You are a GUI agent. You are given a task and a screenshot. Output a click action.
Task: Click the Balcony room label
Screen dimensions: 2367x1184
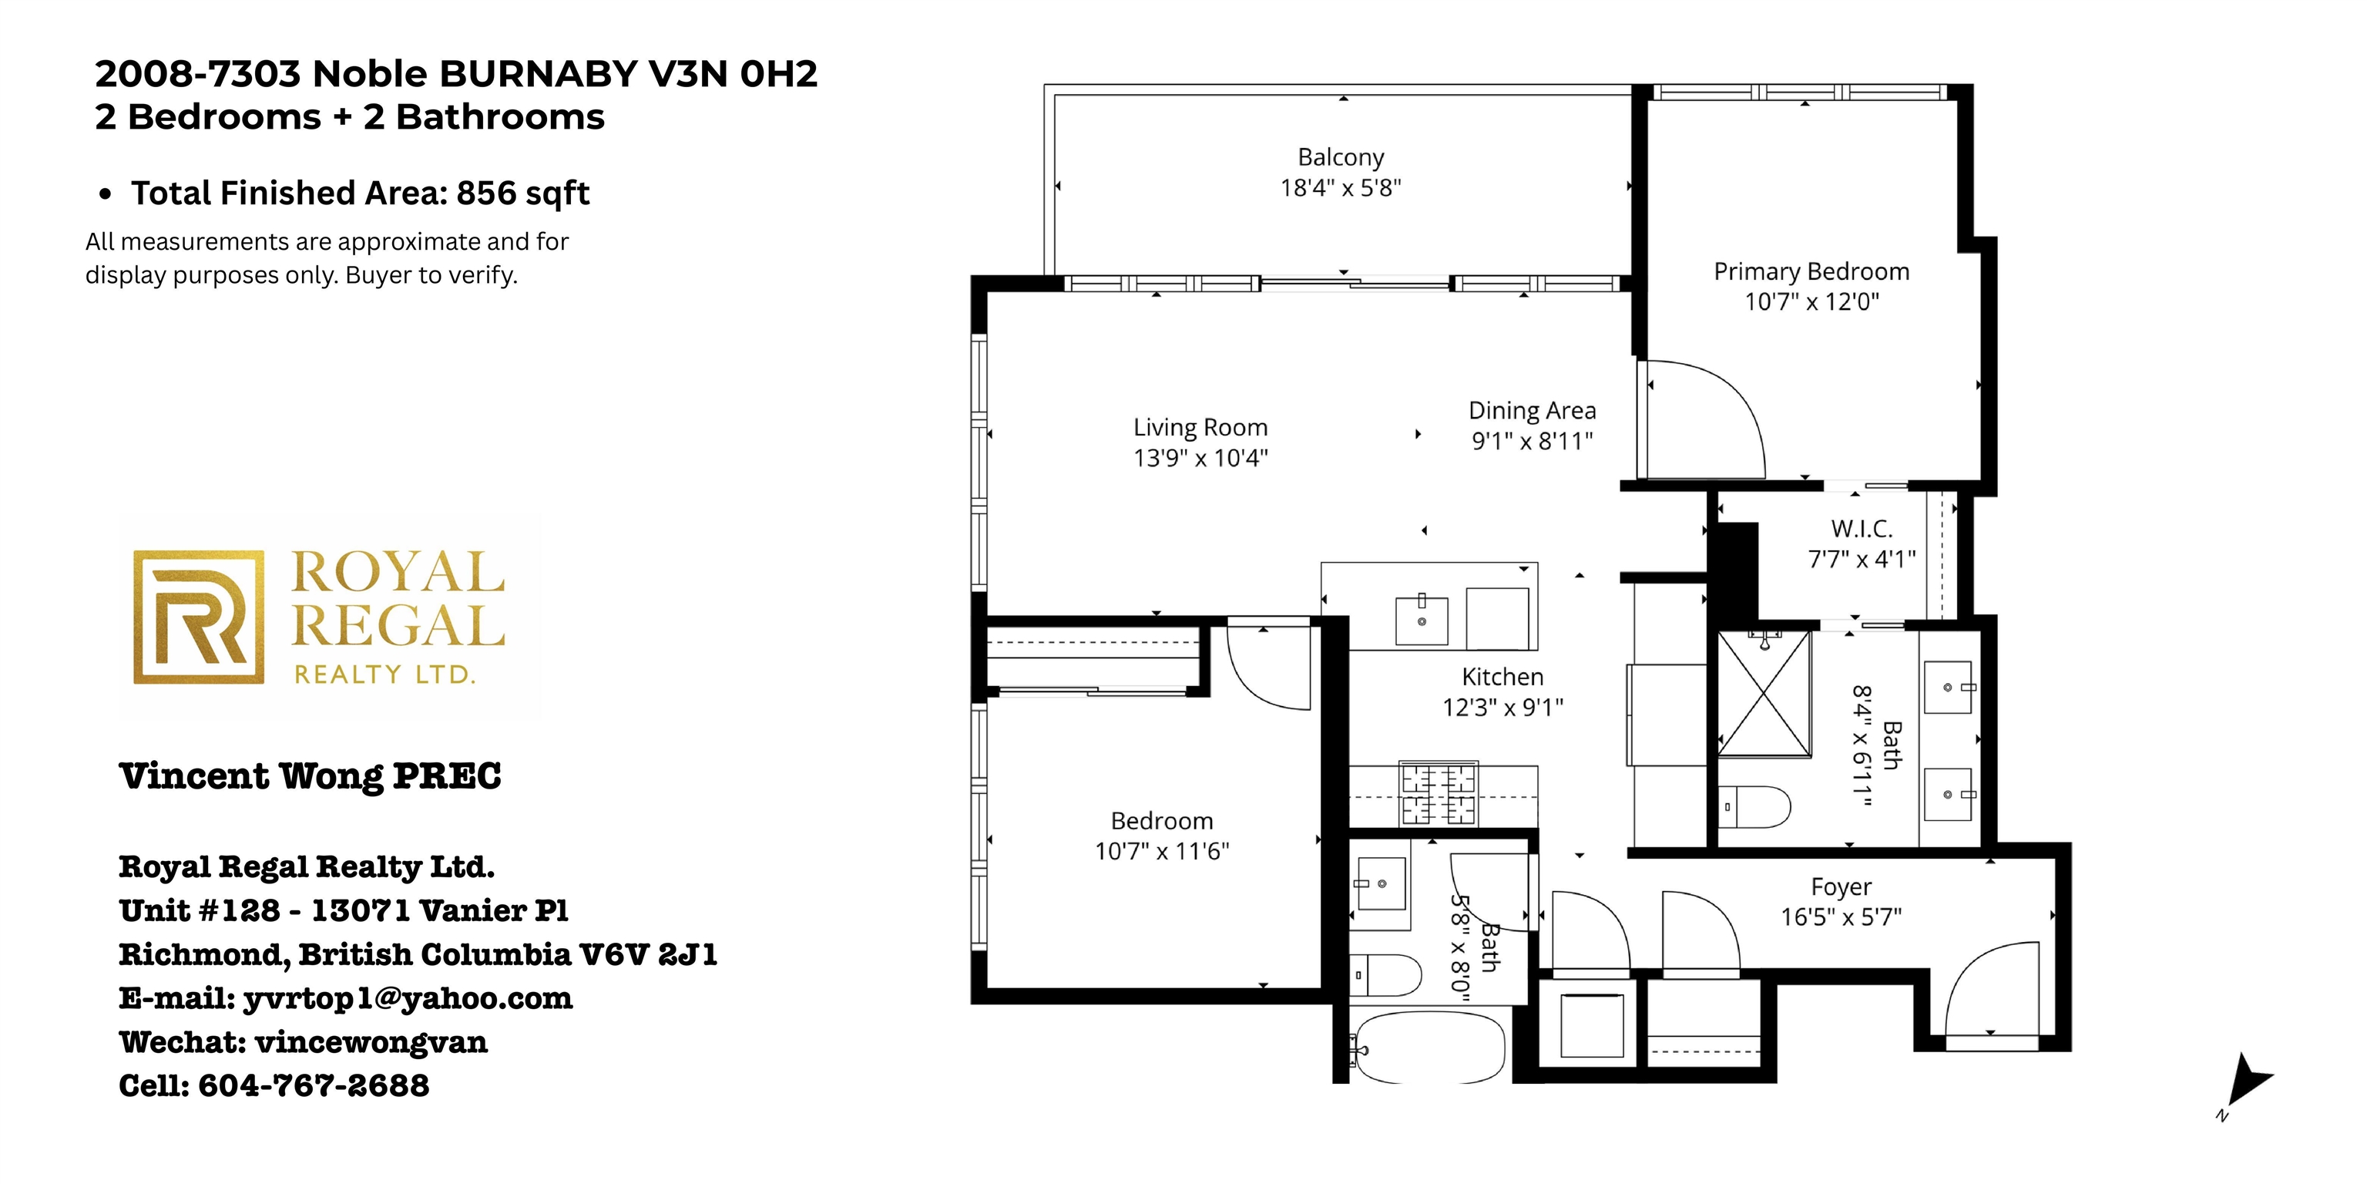[1341, 158]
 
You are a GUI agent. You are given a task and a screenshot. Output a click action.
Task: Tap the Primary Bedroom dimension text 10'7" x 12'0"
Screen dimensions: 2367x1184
[1812, 301]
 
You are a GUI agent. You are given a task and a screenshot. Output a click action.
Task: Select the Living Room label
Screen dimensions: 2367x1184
[1200, 428]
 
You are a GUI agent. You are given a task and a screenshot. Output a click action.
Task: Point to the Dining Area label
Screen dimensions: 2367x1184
[1532, 411]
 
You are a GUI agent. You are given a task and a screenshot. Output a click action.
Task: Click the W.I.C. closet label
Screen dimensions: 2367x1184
[1862, 530]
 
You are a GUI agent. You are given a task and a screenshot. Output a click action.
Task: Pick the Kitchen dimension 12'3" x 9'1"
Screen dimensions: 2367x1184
[1502, 707]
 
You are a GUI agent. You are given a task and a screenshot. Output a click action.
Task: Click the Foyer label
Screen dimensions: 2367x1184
[1842, 887]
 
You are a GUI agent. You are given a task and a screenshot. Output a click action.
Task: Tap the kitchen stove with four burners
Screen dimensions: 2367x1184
[1438, 793]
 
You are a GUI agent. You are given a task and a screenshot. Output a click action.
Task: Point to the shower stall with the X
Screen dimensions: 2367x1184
[1764, 694]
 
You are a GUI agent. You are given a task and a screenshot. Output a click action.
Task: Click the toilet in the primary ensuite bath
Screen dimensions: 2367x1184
[1755, 807]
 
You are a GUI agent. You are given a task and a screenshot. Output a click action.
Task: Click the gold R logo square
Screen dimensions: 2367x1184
[200, 617]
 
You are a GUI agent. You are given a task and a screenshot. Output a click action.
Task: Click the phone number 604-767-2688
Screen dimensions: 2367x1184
[314, 1085]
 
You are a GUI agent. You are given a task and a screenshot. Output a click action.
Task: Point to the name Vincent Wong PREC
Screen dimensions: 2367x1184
[311, 776]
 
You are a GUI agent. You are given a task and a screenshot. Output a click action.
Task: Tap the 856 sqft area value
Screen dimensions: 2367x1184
[523, 193]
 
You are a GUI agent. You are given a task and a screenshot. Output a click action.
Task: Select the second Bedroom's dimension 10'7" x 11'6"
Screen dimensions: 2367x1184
[1161, 851]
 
